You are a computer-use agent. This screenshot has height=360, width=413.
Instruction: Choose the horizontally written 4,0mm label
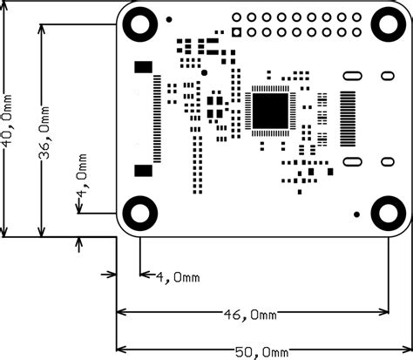tap(178, 277)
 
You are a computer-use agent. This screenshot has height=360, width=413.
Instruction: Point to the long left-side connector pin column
tap(158, 119)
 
